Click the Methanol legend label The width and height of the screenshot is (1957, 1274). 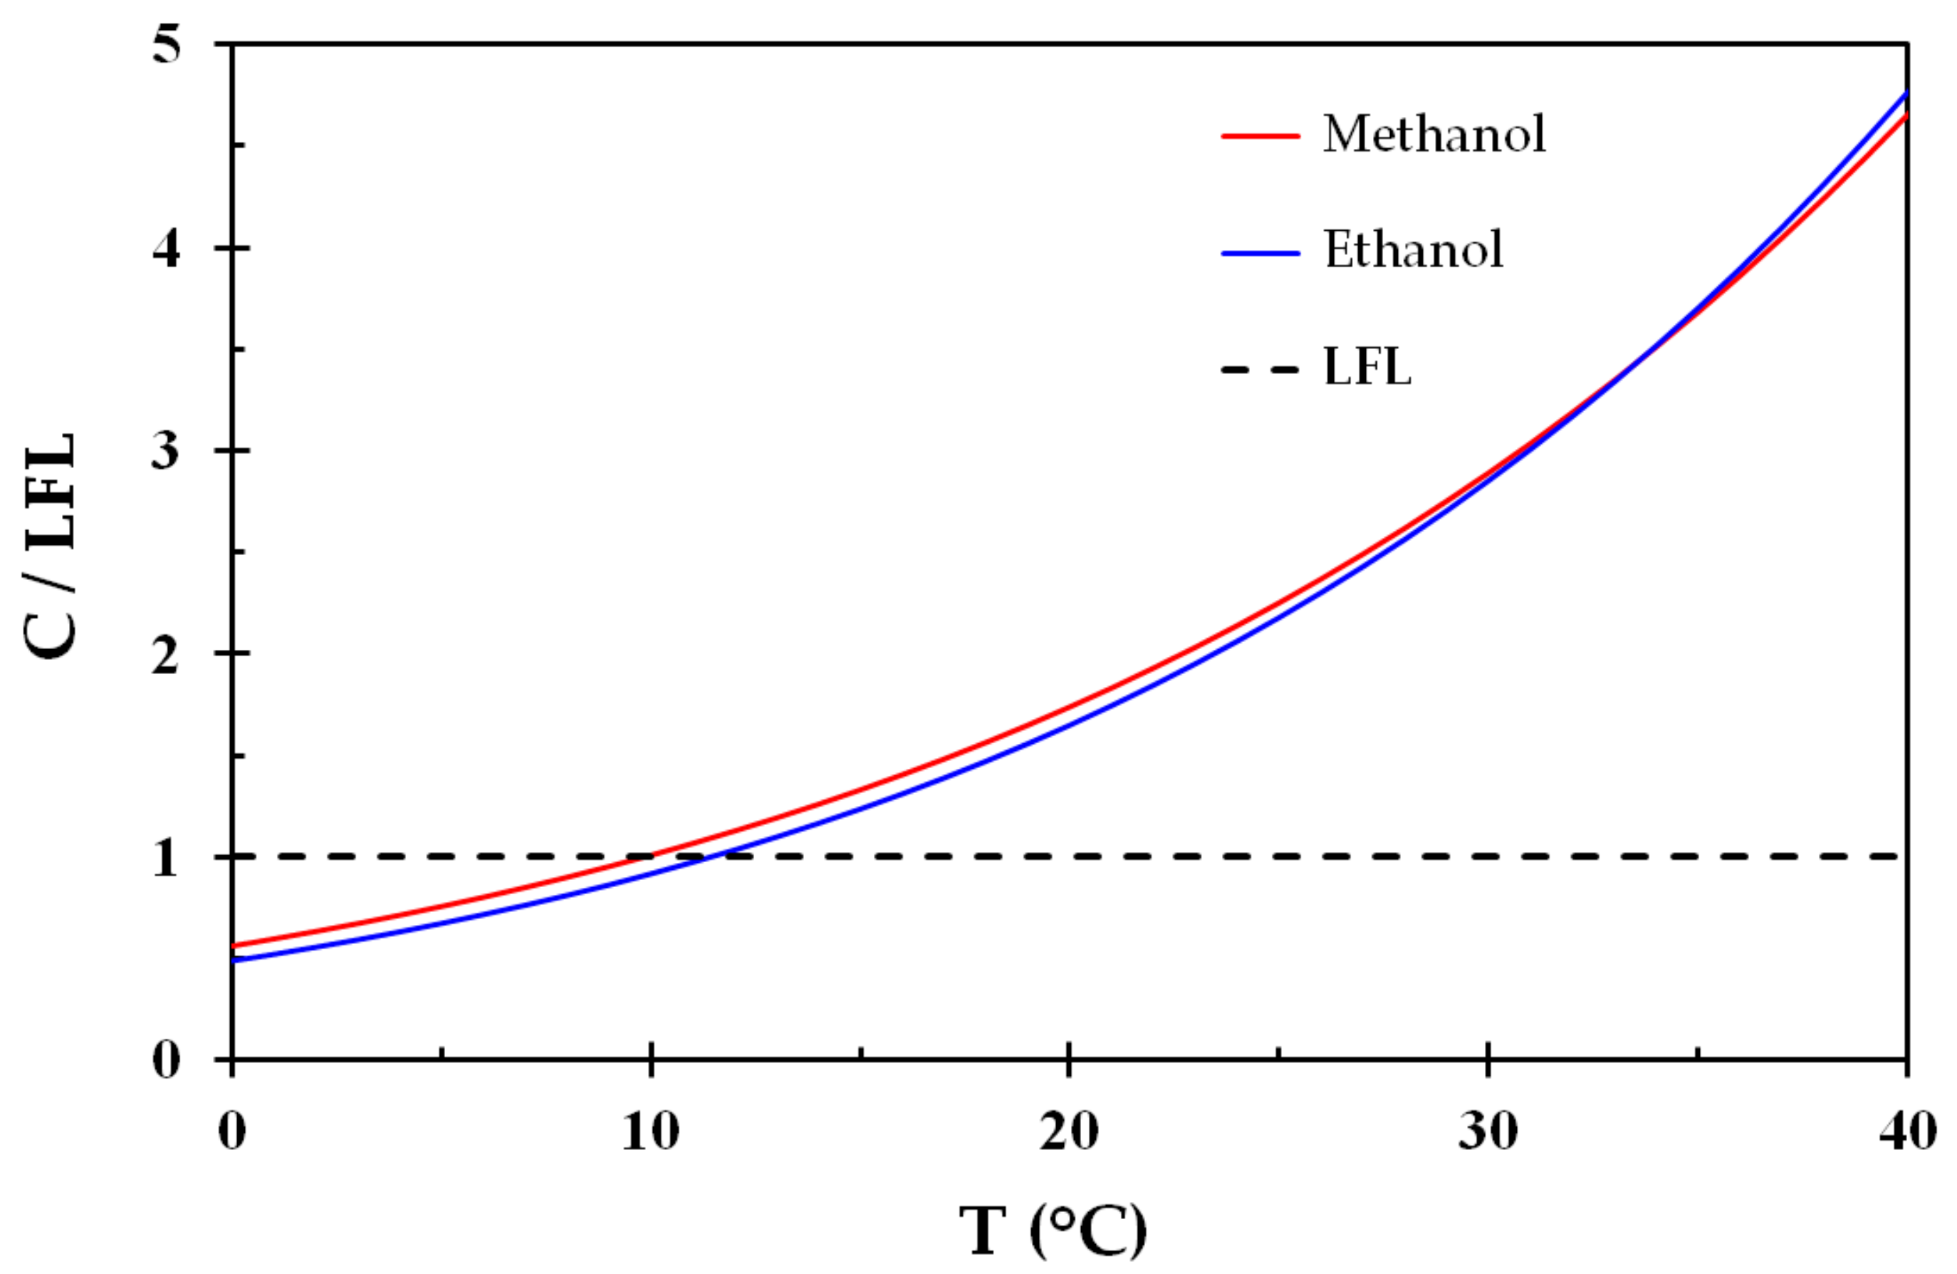pos(1434,133)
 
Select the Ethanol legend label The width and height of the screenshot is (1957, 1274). pos(1413,249)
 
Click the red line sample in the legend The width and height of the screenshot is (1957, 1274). pos(1260,135)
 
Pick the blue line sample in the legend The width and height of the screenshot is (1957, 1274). pos(1260,252)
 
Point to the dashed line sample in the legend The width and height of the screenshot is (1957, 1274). pos(1260,369)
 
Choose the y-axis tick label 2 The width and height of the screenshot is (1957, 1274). pos(166,654)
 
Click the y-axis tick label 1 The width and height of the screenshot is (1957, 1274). pos(166,858)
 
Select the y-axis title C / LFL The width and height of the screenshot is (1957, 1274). pos(51,547)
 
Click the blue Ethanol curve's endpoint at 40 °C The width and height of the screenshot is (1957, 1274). pos(1906,92)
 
